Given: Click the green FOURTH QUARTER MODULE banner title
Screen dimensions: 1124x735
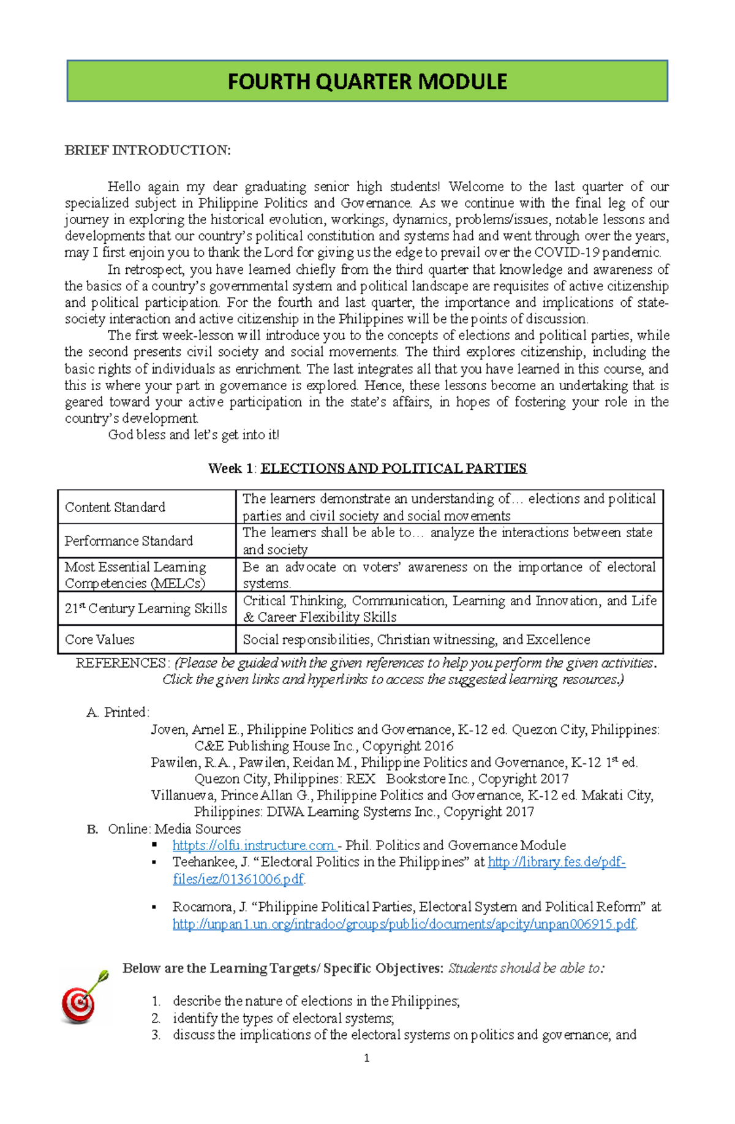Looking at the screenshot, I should [367, 81].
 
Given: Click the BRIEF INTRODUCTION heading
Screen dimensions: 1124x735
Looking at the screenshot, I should [148, 151].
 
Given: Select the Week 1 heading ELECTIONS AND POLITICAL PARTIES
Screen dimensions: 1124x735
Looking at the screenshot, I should [393, 469].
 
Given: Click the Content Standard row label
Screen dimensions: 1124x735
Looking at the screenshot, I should [115, 507].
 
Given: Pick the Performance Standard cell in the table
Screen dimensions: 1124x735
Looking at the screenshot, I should [129, 541].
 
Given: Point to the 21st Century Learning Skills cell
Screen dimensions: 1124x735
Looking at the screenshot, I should [146, 608].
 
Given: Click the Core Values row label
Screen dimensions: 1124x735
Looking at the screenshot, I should [100, 639].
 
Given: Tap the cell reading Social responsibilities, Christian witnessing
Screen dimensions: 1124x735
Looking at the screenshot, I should [417, 639].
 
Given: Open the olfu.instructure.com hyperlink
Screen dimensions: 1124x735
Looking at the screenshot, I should [254, 845].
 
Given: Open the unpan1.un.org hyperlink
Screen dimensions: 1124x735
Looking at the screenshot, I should [404, 924].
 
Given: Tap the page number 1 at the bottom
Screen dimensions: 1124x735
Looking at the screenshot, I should [366, 1058].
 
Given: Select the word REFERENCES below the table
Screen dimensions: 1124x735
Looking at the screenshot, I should [121, 663].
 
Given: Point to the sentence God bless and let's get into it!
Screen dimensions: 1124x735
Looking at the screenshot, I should [194, 435].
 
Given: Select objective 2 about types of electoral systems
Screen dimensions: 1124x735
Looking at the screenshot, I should [283, 1018].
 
